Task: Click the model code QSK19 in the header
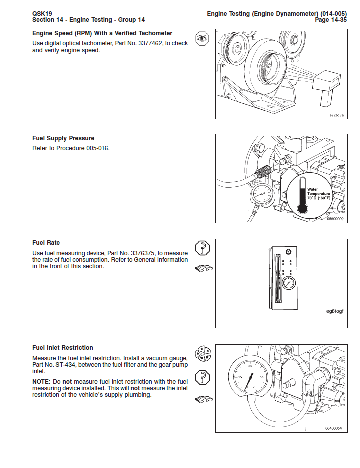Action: point(42,13)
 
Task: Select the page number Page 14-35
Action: point(329,20)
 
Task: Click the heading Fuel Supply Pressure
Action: point(63,138)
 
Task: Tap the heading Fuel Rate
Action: point(46,243)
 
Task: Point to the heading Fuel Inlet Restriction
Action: point(63,348)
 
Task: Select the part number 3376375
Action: point(137,253)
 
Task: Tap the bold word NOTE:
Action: point(42,381)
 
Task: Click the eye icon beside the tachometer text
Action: point(201,39)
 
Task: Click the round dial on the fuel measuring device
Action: point(288,283)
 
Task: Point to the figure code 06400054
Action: point(333,428)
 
